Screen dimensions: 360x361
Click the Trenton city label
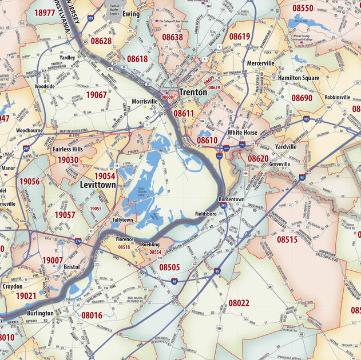(193, 92)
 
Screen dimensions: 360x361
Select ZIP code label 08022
(239, 303)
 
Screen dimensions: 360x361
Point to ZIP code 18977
(45, 13)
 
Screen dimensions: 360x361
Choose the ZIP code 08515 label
(287, 240)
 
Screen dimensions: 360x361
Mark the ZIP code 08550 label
(303, 9)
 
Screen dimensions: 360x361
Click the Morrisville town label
(144, 101)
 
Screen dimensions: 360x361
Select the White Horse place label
(242, 132)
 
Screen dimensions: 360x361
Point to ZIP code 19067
(96, 95)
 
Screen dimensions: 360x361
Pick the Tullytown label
(122, 219)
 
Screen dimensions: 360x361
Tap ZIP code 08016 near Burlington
(92, 315)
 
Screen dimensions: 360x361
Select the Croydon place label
(13, 286)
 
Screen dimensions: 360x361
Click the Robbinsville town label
(337, 97)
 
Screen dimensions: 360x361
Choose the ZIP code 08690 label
(302, 98)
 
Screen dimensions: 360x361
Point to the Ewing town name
(130, 13)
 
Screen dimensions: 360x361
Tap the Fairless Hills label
(68, 149)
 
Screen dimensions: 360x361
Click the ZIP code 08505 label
(169, 267)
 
